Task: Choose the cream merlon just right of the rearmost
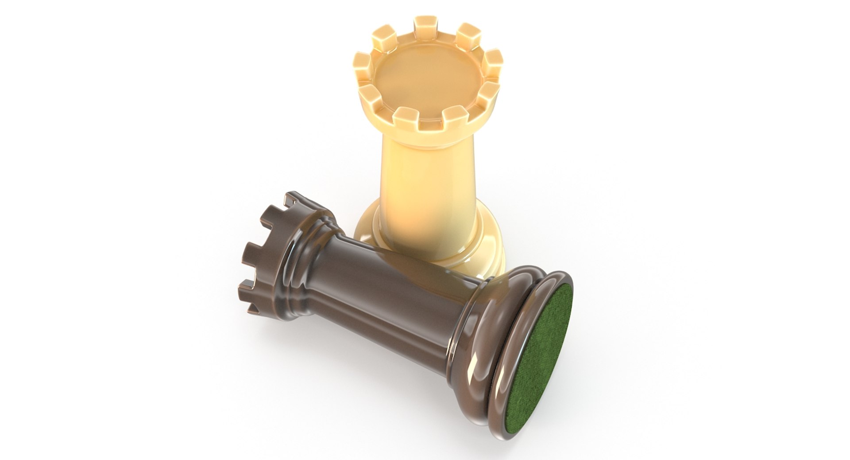pos(468,33)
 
